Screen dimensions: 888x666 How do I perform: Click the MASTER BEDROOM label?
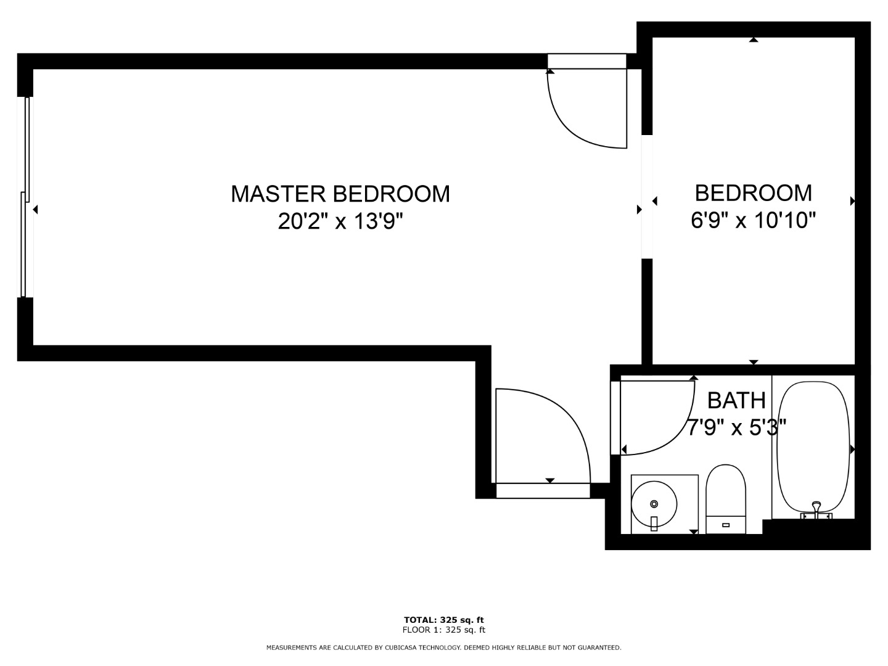click(x=340, y=194)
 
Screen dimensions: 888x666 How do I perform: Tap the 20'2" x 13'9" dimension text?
click(x=340, y=221)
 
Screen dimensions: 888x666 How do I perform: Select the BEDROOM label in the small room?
click(x=754, y=193)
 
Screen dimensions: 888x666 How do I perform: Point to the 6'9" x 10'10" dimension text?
click(x=754, y=220)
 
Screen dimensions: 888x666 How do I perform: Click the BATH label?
click(x=736, y=400)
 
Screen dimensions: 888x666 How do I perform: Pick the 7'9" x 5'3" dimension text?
click(x=736, y=427)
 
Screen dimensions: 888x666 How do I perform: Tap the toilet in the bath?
click(x=726, y=499)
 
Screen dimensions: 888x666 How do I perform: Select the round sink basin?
click(x=654, y=504)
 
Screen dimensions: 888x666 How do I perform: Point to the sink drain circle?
click(x=654, y=504)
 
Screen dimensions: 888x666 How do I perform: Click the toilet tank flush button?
click(x=726, y=525)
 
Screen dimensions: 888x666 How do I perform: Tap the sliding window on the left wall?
click(x=25, y=197)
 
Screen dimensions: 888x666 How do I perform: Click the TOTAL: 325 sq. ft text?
click(x=444, y=620)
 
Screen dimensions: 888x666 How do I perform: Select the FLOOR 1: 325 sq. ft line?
click(x=444, y=630)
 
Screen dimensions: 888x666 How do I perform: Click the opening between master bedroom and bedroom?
click(x=647, y=197)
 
